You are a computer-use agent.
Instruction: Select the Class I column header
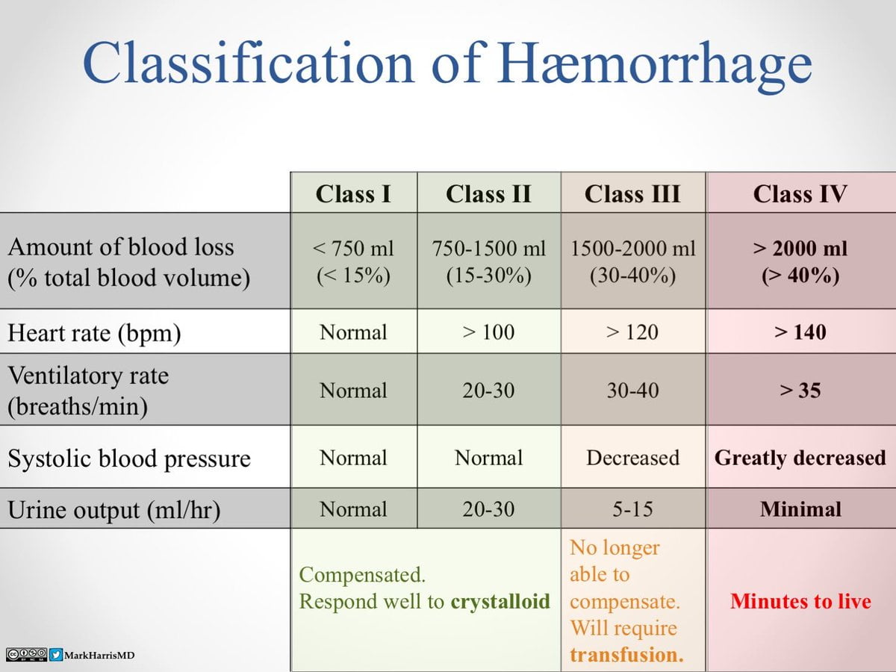click(353, 194)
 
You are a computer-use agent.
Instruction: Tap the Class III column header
click(632, 194)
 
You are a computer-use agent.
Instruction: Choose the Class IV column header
click(800, 194)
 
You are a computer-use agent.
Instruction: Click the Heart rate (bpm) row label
click(94, 333)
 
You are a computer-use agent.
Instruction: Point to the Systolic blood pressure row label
click(128, 458)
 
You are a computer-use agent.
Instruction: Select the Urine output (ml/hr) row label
click(113, 510)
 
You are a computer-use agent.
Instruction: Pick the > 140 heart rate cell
click(800, 332)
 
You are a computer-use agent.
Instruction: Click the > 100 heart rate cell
click(488, 332)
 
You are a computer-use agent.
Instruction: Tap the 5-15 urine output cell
click(632, 509)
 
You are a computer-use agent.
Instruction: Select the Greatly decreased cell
click(800, 458)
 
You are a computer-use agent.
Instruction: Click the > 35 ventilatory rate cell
click(800, 391)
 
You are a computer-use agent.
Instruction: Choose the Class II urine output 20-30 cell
click(488, 509)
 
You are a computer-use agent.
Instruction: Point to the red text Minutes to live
click(800, 601)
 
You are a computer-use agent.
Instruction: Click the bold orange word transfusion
click(626, 655)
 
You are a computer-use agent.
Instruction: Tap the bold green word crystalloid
click(500, 601)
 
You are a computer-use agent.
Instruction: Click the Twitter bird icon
click(56, 655)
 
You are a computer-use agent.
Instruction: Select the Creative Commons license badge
click(26, 655)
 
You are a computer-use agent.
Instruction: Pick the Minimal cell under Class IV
click(800, 509)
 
